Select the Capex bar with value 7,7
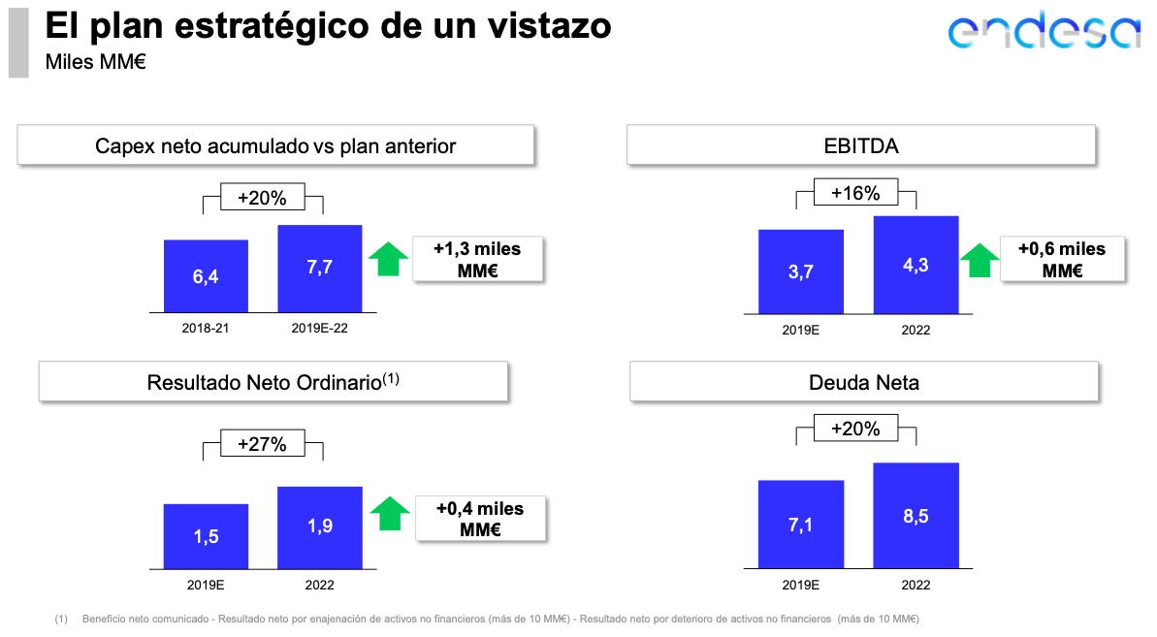[319, 269]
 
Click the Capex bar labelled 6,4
[206, 276]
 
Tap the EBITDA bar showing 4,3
[916, 265]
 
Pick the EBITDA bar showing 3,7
[801, 271]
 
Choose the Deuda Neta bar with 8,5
[916, 515]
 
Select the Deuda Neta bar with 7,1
[801, 524]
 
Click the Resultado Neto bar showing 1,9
[319, 526]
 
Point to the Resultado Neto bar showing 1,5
[206, 535]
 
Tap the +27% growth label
[262, 445]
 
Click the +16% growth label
[855, 194]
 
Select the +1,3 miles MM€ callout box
[476, 259]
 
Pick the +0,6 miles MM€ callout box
[1062, 259]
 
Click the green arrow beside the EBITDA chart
[979, 261]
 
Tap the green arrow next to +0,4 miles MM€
[390, 514]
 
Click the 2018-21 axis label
[206, 329]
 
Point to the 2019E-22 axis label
[319, 329]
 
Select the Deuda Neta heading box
[864, 382]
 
